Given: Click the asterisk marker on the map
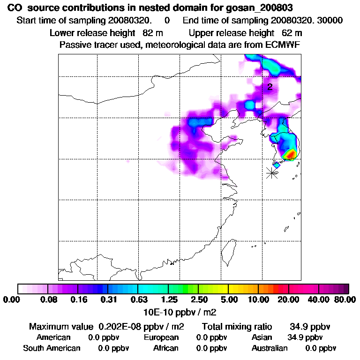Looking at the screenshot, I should click(x=271, y=172).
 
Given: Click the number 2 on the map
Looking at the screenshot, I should click(x=270, y=87).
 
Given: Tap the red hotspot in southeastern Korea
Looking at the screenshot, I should click(x=291, y=153).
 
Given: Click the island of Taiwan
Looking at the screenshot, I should click(x=229, y=253).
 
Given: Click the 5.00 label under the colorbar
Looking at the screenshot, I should click(x=228, y=300).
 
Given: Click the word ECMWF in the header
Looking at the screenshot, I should click(x=284, y=45).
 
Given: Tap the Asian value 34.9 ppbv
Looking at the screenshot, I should click(x=305, y=337).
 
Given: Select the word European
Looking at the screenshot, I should click(x=161, y=337).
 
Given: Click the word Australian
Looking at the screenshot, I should click(x=270, y=348).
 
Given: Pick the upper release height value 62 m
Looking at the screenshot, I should click(x=292, y=33).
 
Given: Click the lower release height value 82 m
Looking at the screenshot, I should click(x=152, y=33).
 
